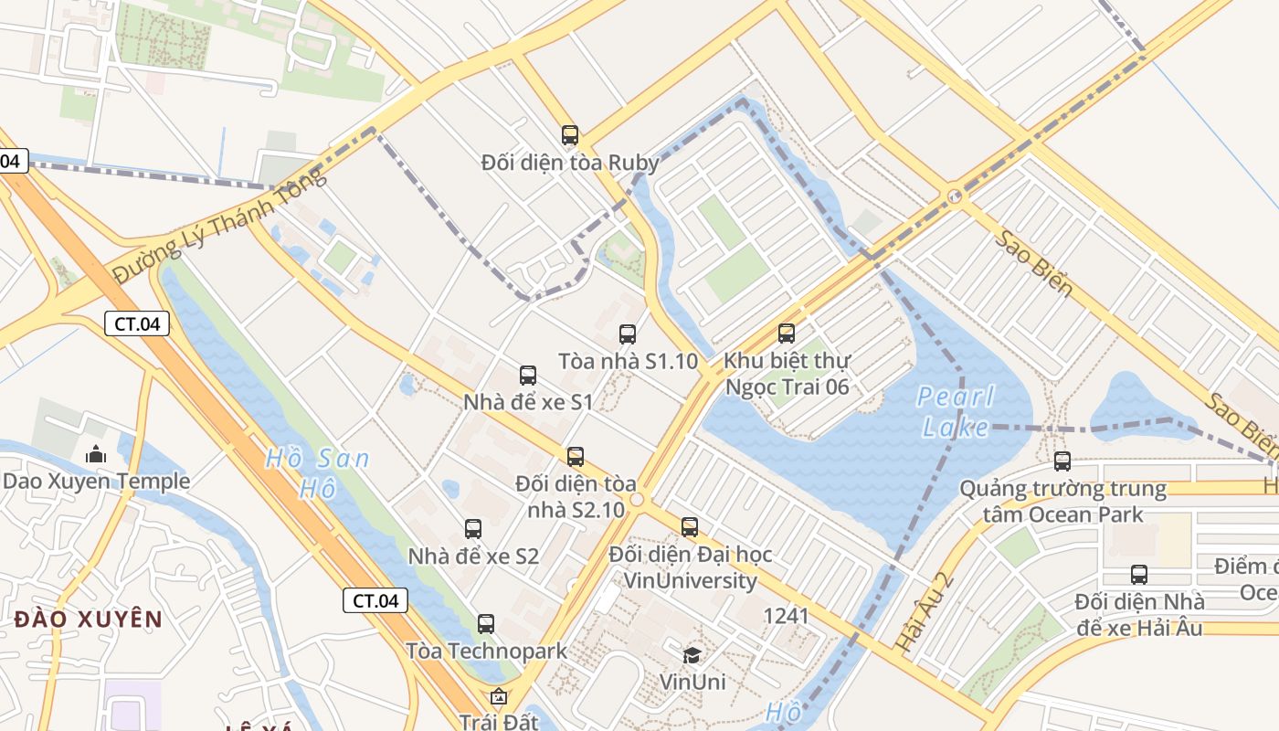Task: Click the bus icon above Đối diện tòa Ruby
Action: (x=570, y=135)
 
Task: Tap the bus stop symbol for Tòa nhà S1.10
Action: (x=627, y=334)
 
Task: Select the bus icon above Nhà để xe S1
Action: (x=528, y=375)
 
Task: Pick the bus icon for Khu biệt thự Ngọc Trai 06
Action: (x=787, y=334)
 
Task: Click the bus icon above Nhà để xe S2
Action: (x=473, y=528)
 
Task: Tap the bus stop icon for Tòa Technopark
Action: (x=486, y=624)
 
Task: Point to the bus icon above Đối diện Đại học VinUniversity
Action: (x=690, y=526)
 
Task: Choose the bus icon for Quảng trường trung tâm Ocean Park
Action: (x=1062, y=461)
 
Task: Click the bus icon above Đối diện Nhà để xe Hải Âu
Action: (x=1139, y=575)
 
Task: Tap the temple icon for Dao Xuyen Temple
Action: (x=96, y=453)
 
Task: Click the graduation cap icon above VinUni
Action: (x=692, y=655)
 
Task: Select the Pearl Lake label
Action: (x=956, y=411)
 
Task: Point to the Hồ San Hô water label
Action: (x=317, y=472)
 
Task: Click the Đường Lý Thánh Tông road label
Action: (x=218, y=226)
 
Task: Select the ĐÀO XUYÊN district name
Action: (x=89, y=620)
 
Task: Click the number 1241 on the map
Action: (x=786, y=616)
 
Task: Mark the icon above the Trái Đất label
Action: (x=499, y=698)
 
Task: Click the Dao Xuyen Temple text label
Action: (x=96, y=482)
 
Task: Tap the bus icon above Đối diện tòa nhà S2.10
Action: (x=576, y=457)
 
